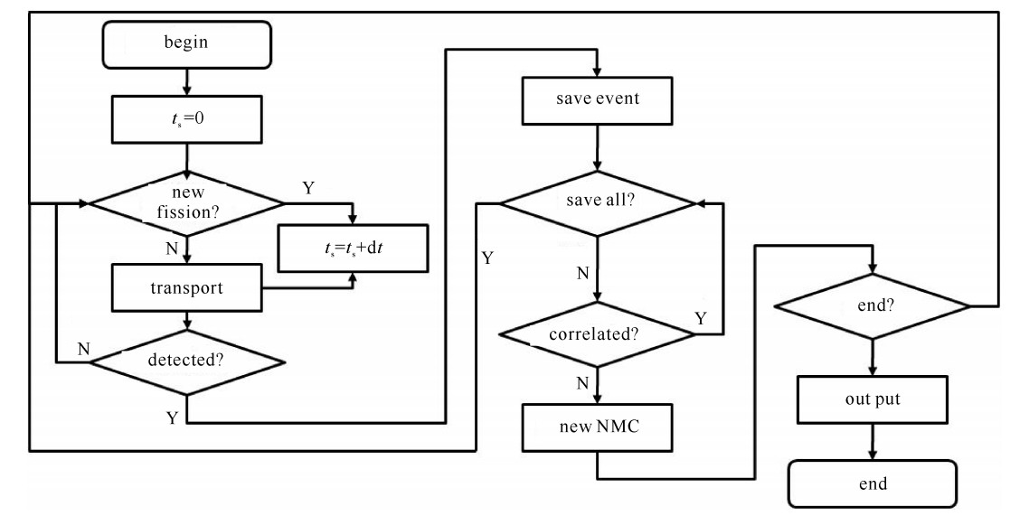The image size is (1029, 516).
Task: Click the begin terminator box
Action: click(186, 43)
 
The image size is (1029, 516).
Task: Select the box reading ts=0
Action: click(186, 122)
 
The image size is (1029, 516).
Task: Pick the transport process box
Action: click(186, 289)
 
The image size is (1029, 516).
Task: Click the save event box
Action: click(596, 99)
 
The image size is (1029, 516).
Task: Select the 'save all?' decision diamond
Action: click(596, 201)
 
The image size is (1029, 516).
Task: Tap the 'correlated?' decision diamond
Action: click(596, 334)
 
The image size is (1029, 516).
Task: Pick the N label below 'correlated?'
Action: click(583, 382)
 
